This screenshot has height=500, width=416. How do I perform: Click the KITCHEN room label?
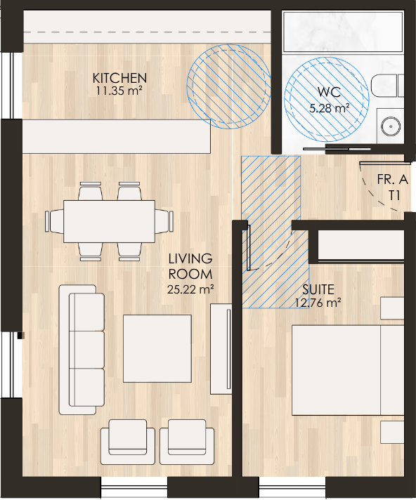pos(119,78)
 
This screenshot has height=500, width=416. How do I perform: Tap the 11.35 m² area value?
pos(119,91)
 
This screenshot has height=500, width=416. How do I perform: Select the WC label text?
pos(330,92)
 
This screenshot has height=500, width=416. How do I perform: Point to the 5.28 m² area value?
pos(330,108)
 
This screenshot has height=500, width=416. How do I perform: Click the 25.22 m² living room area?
pos(190,289)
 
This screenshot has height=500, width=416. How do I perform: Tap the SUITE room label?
pos(318,289)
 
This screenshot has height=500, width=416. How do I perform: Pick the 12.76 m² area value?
pos(318,302)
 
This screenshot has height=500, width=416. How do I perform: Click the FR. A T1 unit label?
pos(393,187)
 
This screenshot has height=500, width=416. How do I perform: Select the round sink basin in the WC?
pos(391,126)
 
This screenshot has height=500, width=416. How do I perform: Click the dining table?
pos(109,221)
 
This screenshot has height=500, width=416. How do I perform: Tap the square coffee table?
pos(157,348)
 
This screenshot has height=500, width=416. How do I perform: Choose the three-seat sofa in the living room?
pos(82,350)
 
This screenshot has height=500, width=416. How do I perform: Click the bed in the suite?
pos(348,370)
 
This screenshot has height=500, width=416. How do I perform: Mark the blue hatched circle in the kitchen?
pos(229,86)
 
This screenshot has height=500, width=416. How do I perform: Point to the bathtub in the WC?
pos(343,32)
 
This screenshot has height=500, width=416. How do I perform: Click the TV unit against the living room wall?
pos(221,349)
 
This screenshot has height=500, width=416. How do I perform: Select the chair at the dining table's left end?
pos(54,221)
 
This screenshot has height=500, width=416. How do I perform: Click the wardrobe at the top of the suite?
pos(361,245)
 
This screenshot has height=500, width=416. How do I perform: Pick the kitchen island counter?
pos(117,136)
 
